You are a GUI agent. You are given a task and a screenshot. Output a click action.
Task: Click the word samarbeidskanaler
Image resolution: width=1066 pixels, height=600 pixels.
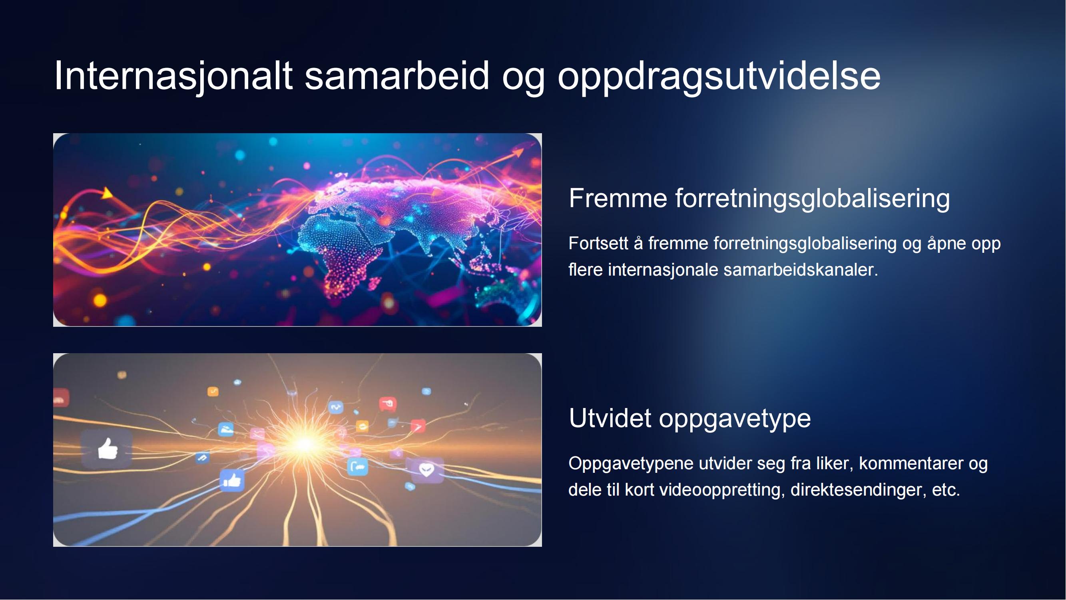coord(800,270)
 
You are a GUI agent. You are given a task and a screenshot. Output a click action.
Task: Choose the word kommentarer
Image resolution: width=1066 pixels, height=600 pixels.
coord(911,464)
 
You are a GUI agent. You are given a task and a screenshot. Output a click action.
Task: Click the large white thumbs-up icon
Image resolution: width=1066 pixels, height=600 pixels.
coord(108,449)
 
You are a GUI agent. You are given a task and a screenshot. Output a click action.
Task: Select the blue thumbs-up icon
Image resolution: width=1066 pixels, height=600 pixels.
coord(232,480)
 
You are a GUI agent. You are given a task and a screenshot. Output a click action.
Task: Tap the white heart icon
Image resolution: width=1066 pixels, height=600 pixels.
coord(426,470)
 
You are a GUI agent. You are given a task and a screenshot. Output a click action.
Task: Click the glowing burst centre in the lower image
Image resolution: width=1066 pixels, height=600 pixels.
coord(305,444)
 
